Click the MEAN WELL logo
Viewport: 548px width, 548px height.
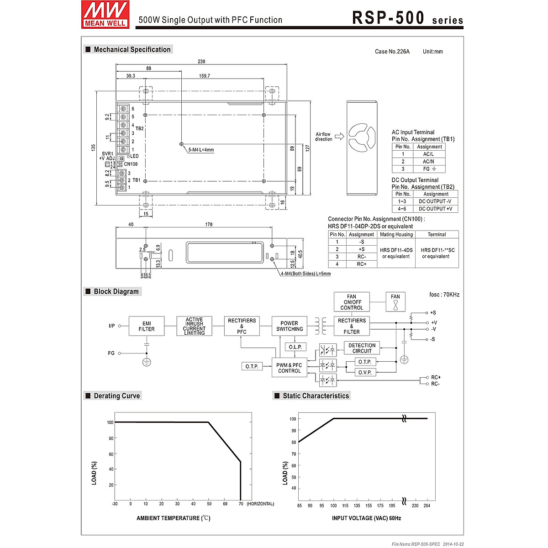click(105, 15)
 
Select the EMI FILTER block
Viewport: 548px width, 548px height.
click(147, 326)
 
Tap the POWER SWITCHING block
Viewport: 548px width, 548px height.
click(289, 326)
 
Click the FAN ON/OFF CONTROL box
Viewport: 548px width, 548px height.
click(352, 302)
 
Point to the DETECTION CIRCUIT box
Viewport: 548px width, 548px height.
click(362, 348)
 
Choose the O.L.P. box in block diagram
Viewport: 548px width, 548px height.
click(295, 347)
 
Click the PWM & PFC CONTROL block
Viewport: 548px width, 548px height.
click(289, 368)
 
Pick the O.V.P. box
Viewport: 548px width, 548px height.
click(365, 372)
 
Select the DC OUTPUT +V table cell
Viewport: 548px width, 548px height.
click(435, 209)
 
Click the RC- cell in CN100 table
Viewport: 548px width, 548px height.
click(361, 257)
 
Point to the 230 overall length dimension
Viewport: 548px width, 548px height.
click(201, 62)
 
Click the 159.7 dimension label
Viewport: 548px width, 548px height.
click(205, 76)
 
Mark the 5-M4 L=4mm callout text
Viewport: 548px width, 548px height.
click(201, 150)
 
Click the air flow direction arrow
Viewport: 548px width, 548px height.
click(339, 137)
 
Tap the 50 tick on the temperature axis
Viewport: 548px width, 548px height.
click(209, 504)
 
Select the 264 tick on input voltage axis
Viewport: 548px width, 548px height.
click(427, 506)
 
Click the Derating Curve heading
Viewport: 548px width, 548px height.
click(116, 396)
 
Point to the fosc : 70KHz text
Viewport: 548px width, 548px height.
click(444, 295)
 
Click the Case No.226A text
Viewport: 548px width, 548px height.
click(392, 52)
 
